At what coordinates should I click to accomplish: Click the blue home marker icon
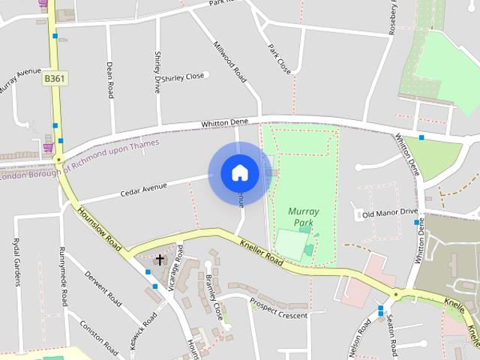click(239, 173)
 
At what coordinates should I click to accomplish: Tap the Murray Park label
click(303, 217)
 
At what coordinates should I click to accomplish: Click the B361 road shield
click(54, 77)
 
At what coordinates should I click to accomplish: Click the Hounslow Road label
click(100, 230)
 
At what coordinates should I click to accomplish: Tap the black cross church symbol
click(160, 260)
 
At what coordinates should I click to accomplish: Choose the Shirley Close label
click(183, 76)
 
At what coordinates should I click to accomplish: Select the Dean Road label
click(110, 80)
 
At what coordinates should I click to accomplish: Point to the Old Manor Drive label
click(389, 214)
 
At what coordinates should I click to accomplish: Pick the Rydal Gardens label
click(16, 262)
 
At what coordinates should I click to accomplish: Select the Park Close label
click(279, 58)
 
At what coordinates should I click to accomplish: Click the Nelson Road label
click(359, 337)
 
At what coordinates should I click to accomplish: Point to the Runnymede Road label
click(63, 277)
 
